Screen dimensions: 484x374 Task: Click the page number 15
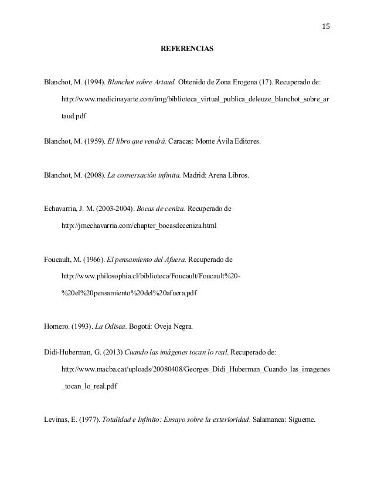[x=326, y=26]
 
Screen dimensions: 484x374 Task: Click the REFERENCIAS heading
[x=187, y=50]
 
